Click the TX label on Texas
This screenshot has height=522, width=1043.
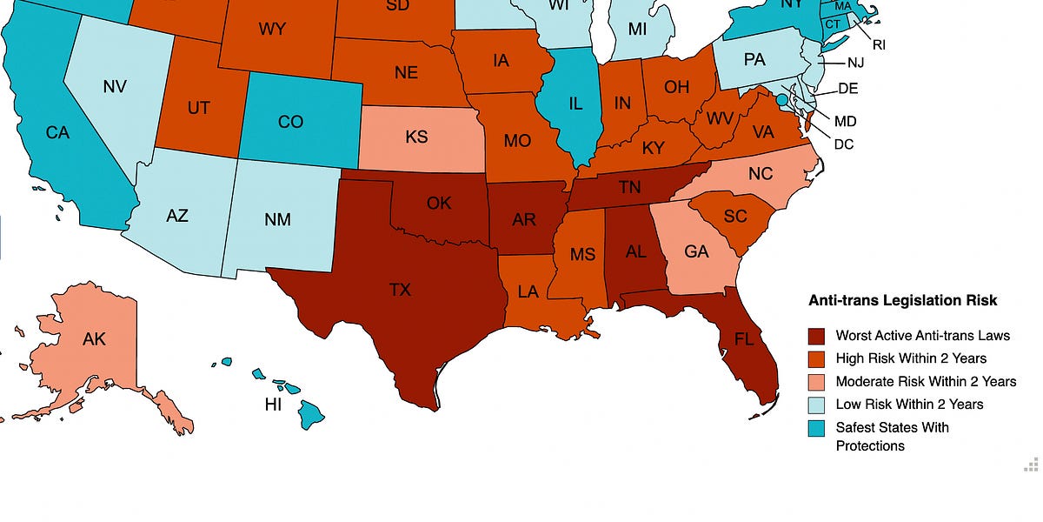(400, 290)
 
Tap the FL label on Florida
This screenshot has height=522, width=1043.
(744, 339)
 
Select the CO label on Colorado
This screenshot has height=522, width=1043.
(290, 122)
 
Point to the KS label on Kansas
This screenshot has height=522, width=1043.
(416, 137)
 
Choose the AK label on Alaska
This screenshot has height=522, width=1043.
(94, 338)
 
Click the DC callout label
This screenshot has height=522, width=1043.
(843, 144)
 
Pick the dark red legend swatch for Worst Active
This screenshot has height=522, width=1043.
(816, 336)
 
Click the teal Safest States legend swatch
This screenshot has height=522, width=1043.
(816, 428)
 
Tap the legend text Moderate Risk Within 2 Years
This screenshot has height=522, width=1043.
(926, 381)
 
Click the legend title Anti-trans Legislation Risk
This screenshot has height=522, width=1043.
(902, 300)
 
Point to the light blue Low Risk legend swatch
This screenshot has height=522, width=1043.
(816, 405)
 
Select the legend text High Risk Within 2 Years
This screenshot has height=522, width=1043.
(911, 358)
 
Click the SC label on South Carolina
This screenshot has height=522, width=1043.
(734, 216)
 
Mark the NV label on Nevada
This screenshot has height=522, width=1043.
(116, 87)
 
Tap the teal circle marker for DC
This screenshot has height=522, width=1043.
(781, 101)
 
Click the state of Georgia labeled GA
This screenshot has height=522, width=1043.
(696, 252)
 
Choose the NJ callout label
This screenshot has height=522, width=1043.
(855, 64)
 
